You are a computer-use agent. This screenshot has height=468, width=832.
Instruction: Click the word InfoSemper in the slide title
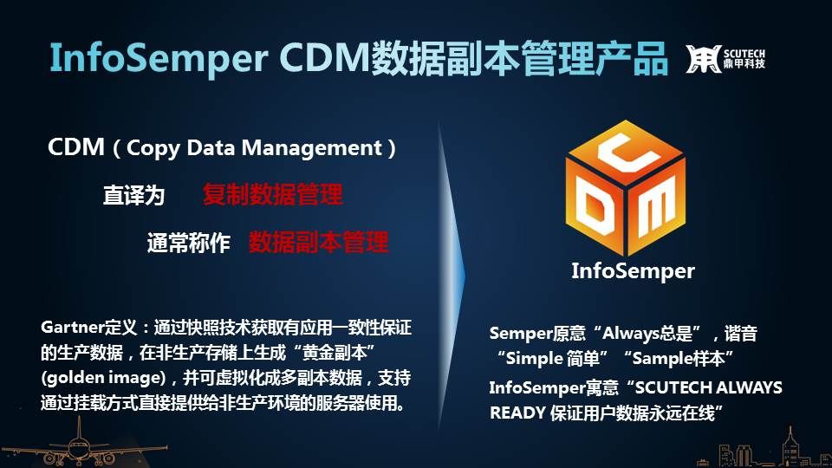point(159,57)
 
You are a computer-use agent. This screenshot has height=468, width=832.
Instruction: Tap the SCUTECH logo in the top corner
point(725,58)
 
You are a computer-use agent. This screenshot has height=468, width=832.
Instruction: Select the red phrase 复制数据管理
point(272,194)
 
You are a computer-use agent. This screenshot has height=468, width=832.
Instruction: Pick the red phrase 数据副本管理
point(318,242)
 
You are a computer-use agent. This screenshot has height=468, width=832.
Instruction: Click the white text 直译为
point(133,195)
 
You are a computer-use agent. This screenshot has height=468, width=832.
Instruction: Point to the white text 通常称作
point(188,243)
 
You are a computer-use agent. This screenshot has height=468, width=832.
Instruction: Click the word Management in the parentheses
point(312,148)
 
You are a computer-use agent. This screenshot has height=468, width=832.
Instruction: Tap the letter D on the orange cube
point(595,210)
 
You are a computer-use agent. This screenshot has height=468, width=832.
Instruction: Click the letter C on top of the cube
point(626,152)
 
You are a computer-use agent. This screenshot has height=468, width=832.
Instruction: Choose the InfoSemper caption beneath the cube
point(633,271)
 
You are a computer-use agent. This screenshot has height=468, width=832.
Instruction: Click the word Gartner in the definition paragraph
point(72,327)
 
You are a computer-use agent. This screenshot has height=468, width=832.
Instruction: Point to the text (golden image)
point(103,378)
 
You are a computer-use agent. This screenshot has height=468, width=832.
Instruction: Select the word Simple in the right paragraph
point(536,359)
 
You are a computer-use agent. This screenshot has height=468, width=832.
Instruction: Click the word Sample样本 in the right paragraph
point(678,359)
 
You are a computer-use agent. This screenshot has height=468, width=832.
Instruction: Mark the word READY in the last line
point(517,413)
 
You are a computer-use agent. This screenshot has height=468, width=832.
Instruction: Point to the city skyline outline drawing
point(764,450)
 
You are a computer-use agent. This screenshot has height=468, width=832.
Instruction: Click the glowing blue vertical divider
point(450,276)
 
